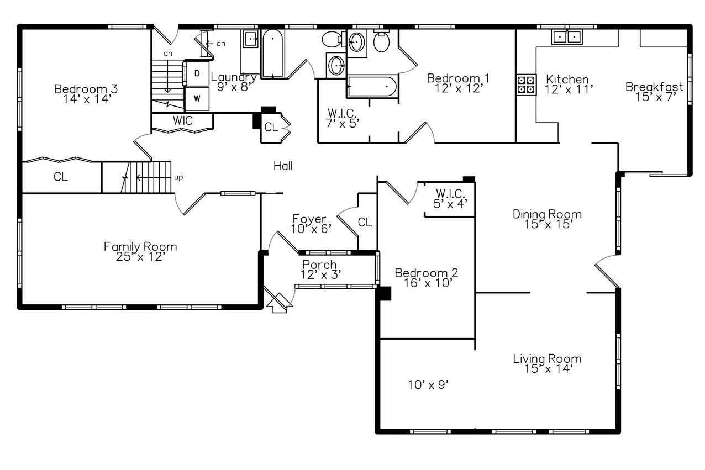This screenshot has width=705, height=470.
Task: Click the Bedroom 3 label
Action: click(x=86, y=94)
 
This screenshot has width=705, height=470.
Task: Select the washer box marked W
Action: click(x=196, y=99)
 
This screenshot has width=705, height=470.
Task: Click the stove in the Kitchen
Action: click(x=526, y=84)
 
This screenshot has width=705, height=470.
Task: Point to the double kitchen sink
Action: click(x=567, y=37)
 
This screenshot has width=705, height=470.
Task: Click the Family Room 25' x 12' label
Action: click(x=140, y=251)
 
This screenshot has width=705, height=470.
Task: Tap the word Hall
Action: click(x=283, y=166)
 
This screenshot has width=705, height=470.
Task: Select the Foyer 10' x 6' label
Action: click(x=312, y=224)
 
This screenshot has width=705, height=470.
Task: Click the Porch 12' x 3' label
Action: click(x=320, y=270)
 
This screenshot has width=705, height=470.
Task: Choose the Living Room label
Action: click(x=547, y=363)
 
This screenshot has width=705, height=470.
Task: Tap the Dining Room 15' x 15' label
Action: click(x=547, y=219)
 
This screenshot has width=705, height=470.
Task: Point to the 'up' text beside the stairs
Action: click(x=178, y=177)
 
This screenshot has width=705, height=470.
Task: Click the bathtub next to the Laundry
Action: click(x=272, y=54)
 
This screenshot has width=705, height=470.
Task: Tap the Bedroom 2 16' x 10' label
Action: click(x=426, y=278)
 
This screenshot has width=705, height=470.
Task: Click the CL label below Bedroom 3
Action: click(x=61, y=177)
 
